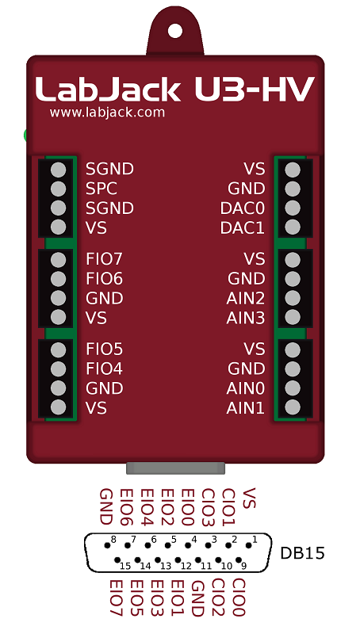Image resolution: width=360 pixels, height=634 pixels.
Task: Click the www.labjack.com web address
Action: coord(107,113)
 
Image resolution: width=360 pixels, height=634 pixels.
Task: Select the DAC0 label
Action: coord(243,208)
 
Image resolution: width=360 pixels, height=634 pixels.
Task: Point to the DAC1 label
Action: coord(243,228)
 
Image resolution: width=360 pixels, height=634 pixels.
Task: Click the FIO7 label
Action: coord(105,259)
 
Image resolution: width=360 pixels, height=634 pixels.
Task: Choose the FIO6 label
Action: coord(105,279)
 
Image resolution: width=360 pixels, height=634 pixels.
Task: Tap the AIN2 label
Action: coord(246,299)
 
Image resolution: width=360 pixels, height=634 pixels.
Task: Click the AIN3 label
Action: coord(246,319)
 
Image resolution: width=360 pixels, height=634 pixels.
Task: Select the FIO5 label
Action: coord(105,349)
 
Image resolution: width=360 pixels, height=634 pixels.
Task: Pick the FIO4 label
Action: coord(105,369)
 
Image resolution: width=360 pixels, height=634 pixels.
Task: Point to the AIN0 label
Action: coord(246,388)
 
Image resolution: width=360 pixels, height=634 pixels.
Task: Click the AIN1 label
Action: coord(246,408)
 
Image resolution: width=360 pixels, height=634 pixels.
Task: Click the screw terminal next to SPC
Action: coord(57,189)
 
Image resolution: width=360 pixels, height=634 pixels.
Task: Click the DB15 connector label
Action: coord(303,553)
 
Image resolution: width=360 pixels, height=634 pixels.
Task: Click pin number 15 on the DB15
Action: coord(124,565)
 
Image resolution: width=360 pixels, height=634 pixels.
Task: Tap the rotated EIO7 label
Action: coord(116,598)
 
